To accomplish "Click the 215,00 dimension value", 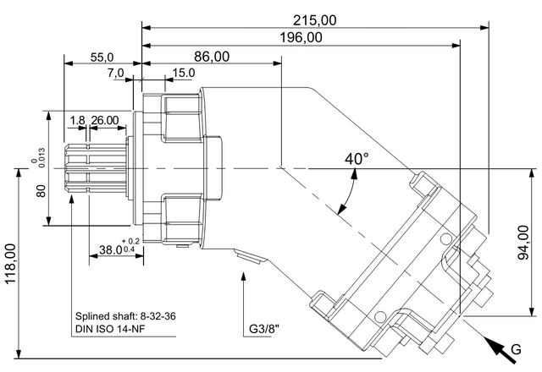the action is pos(314,20).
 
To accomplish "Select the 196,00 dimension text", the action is pos(301,37).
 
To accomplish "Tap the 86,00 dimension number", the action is pos(212,57).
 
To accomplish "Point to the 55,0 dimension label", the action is pos(102,57).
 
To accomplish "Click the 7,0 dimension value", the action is pos(115,73).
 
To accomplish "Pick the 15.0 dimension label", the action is pos(184,73).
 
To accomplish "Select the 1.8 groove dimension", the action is pos(77,120).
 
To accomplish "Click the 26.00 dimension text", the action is pos(105,120).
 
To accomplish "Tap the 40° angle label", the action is pos(357,158).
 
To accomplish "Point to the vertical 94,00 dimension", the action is pos(523,243).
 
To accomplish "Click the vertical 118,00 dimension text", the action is pos(11,264).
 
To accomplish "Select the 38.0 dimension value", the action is pos(111,249).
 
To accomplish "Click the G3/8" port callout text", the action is pos(264,329).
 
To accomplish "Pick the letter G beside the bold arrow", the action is pos(516,349).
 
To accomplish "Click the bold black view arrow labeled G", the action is pos(500,350).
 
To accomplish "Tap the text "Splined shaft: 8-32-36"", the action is pos(125,316).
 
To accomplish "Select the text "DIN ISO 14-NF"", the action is pos(110,329).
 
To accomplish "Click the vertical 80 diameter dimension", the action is pos(41,191).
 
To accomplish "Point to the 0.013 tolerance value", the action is pos(41,158).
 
